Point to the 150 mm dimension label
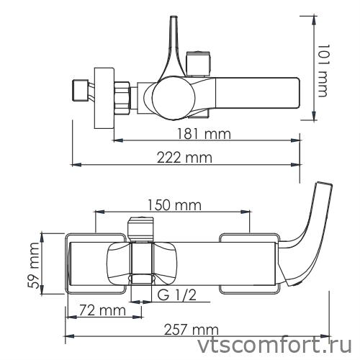173,206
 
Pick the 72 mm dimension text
99,311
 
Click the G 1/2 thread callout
177,296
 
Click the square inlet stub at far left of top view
78,91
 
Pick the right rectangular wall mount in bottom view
248,263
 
